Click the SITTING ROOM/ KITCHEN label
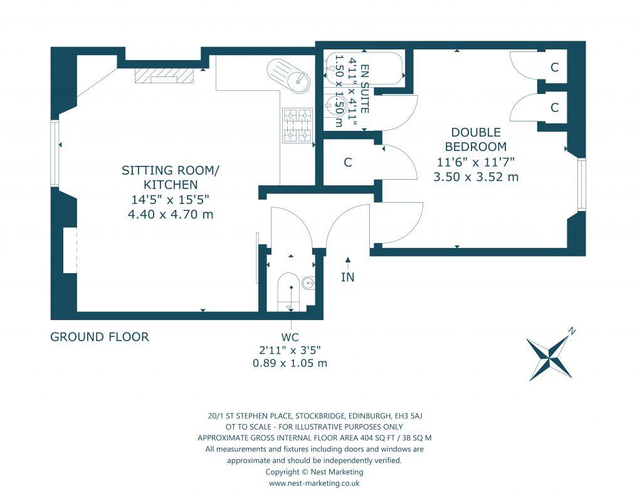pyautogui.click(x=171, y=177)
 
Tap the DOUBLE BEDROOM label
pyautogui.click(x=476, y=140)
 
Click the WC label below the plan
pyautogui.click(x=290, y=337)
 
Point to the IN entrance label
pyautogui.click(x=347, y=277)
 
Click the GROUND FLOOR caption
pyautogui.click(x=100, y=337)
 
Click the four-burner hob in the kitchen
pyautogui.click(x=297, y=125)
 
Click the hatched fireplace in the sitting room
pyautogui.click(x=164, y=75)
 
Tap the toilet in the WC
pyautogui.click(x=291, y=292)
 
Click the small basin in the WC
pyautogui.click(x=308, y=282)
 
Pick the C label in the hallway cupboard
pyautogui.click(x=347, y=162)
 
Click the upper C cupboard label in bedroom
pyautogui.click(x=554, y=67)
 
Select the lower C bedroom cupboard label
pyautogui.click(x=554, y=107)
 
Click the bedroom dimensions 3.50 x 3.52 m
pyautogui.click(x=476, y=177)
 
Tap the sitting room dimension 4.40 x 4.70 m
pyautogui.click(x=171, y=214)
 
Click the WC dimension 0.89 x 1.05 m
pyautogui.click(x=290, y=363)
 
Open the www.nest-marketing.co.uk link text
pyautogui.click(x=314, y=483)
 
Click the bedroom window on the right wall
pyautogui.click(x=581, y=185)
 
